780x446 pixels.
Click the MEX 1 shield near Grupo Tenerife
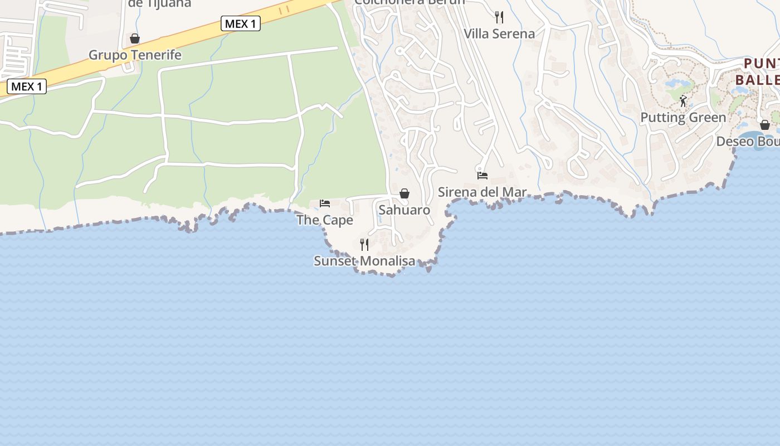pyautogui.click(x=241, y=23)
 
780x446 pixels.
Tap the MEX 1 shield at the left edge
pyautogui.click(x=26, y=86)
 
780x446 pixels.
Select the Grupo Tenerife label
pyautogui.click(x=135, y=55)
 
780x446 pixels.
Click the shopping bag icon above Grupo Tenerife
pyautogui.click(x=135, y=38)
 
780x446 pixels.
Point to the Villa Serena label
pyautogui.click(x=499, y=33)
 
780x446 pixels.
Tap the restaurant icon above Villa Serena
pyautogui.click(x=499, y=17)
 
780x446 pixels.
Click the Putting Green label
pyautogui.click(x=683, y=118)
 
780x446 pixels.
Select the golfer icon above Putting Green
pyautogui.click(x=683, y=101)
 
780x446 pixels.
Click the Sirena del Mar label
pyautogui.click(x=482, y=192)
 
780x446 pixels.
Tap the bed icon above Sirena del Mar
pyautogui.click(x=482, y=175)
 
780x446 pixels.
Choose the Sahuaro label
pyautogui.click(x=404, y=210)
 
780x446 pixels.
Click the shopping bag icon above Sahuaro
pyautogui.click(x=404, y=193)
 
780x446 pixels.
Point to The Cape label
pyautogui.click(x=325, y=220)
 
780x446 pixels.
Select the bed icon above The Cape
pyautogui.click(x=325, y=203)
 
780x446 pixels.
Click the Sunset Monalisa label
pyautogui.click(x=364, y=261)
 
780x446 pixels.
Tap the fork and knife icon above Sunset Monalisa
pyautogui.click(x=364, y=244)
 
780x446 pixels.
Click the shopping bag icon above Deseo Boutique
pyautogui.click(x=765, y=125)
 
